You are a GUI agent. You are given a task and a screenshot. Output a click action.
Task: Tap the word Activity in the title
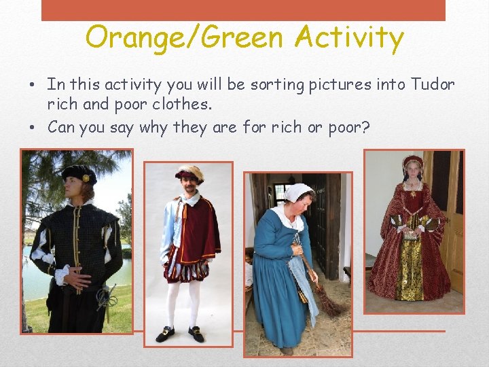pos(349,38)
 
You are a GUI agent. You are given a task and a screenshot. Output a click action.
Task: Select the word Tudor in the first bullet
pos(433,85)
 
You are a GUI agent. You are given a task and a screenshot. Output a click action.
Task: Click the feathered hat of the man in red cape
pos(189,173)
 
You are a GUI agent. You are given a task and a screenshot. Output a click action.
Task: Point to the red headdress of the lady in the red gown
pos(412,162)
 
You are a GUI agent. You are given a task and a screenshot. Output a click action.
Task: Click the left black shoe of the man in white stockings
pos(165,334)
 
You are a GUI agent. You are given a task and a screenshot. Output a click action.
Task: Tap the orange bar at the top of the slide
pos(243,10)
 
